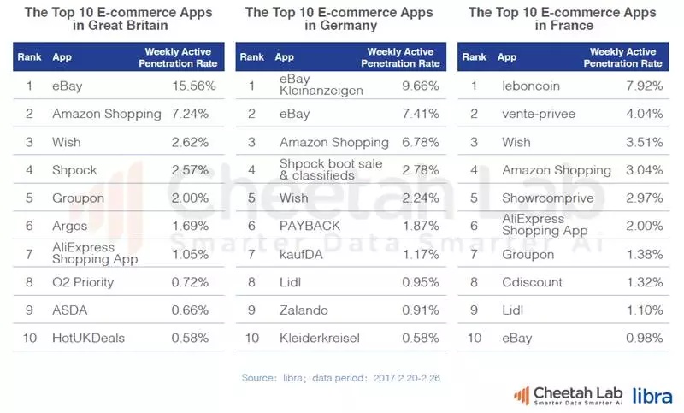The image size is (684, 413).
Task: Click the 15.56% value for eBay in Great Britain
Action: click(x=194, y=86)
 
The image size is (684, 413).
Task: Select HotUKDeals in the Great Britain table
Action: click(x=88, y=338)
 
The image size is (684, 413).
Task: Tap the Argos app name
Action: click(x=69, y=226)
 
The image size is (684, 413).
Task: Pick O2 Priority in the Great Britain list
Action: click(x=82, y=282)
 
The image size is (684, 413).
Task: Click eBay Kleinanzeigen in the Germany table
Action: click(x=321, y=85)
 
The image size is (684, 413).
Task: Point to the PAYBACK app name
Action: click(x=310, y=226)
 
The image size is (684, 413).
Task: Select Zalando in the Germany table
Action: click(x=304, y=310)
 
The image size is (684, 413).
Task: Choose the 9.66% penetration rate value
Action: click(x=421, y=86)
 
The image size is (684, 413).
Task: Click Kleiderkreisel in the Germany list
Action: click(x=321, y=338)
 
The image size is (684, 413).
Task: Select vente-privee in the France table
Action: click(x=539, y=114)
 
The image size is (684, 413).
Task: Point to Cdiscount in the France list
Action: click(x=532, y=282)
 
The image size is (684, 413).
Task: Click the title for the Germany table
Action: click(x=339, y=19)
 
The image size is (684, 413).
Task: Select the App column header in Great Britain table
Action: click(x=62, y=57)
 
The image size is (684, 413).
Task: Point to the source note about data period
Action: click(x=339, y=376)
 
